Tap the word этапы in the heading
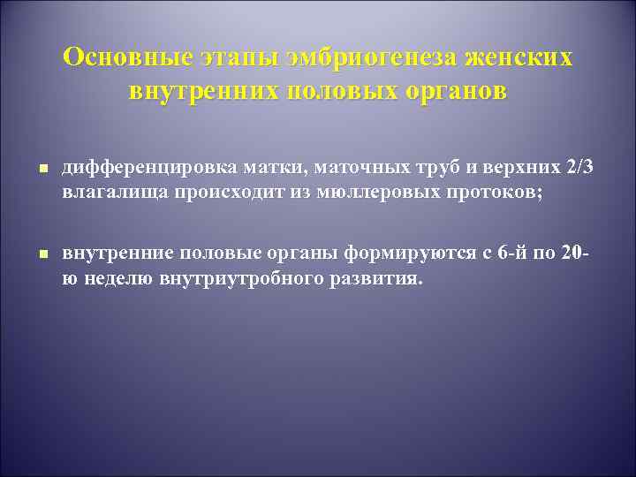246,58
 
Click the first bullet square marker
42,168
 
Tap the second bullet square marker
42,254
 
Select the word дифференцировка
135,167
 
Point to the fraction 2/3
579,167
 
